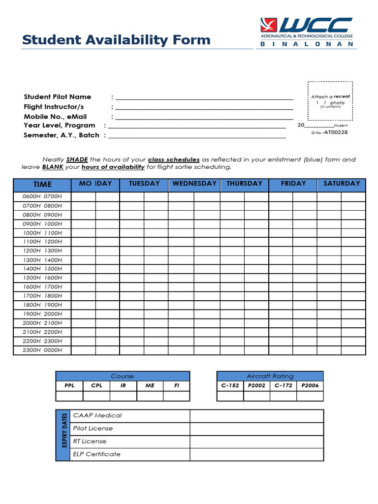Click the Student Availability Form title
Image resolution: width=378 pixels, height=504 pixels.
[116, 40]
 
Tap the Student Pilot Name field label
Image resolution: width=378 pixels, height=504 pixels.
[58, 97]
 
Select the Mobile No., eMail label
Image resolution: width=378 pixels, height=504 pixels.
[55, 117]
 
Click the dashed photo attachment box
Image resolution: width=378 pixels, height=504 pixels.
[330, 101]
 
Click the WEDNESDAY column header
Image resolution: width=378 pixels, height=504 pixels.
[194, 184]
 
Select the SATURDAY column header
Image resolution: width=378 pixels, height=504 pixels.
[342, 184]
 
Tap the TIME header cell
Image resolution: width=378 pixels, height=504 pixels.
[42, 185]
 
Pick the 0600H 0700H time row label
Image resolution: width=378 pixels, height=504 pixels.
[42, 197]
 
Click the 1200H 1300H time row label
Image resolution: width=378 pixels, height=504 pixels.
[42, 251]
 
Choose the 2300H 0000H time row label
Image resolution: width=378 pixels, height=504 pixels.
[42, 350]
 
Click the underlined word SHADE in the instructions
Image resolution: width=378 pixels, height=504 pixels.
[77, 159]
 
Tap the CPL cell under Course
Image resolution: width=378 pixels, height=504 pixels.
[96, 385]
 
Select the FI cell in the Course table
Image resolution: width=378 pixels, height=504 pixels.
[177, 385]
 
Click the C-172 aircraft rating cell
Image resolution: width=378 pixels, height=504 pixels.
[283, 385]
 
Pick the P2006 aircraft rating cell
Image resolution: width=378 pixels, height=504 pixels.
[310, 385]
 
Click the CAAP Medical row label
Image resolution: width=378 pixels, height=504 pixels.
[97, 415]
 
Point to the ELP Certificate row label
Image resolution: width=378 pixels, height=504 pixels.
[96, 454]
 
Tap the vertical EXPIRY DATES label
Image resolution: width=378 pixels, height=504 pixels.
[63, 435]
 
